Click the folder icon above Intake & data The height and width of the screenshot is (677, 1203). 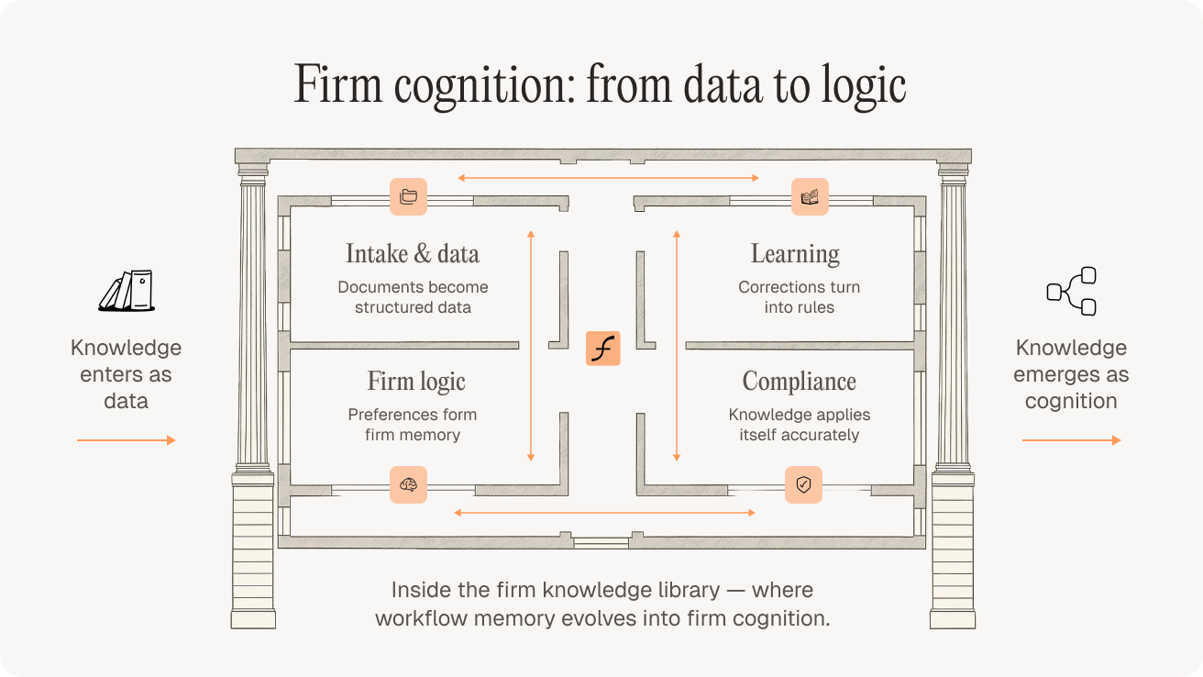coord(408,196)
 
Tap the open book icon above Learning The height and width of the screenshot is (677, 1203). coord(810,196)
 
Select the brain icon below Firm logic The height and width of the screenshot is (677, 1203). coord(408,484)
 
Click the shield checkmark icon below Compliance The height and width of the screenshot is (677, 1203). coord(803,484)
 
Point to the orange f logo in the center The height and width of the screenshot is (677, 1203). coord(603,349)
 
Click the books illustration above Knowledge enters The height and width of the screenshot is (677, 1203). coord(127,291)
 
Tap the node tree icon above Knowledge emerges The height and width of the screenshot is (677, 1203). coord(1072,292)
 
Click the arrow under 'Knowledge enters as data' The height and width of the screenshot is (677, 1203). coord(126,441)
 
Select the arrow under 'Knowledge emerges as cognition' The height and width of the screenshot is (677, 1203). coord(1071,441)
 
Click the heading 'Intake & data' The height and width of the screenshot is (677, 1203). coord(413,254)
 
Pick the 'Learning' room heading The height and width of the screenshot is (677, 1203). coord(795,254)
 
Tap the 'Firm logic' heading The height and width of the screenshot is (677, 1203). coord(416,382)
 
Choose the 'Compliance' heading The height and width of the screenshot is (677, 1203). coord(800,382)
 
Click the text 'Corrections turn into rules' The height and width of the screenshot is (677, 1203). coord(800,297)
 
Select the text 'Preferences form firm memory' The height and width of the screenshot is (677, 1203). coord(413,425)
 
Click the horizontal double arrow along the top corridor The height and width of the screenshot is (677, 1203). coord(608,177)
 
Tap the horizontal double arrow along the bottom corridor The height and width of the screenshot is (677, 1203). coord(604,513)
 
